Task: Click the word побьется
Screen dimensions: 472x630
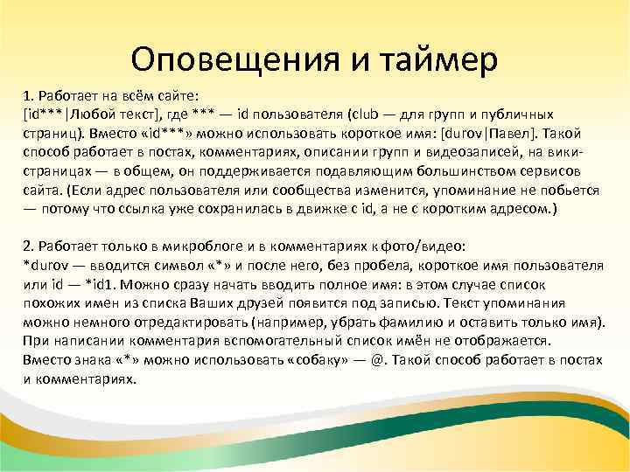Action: (571, 191)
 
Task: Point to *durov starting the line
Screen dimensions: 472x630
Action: (43, 266)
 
